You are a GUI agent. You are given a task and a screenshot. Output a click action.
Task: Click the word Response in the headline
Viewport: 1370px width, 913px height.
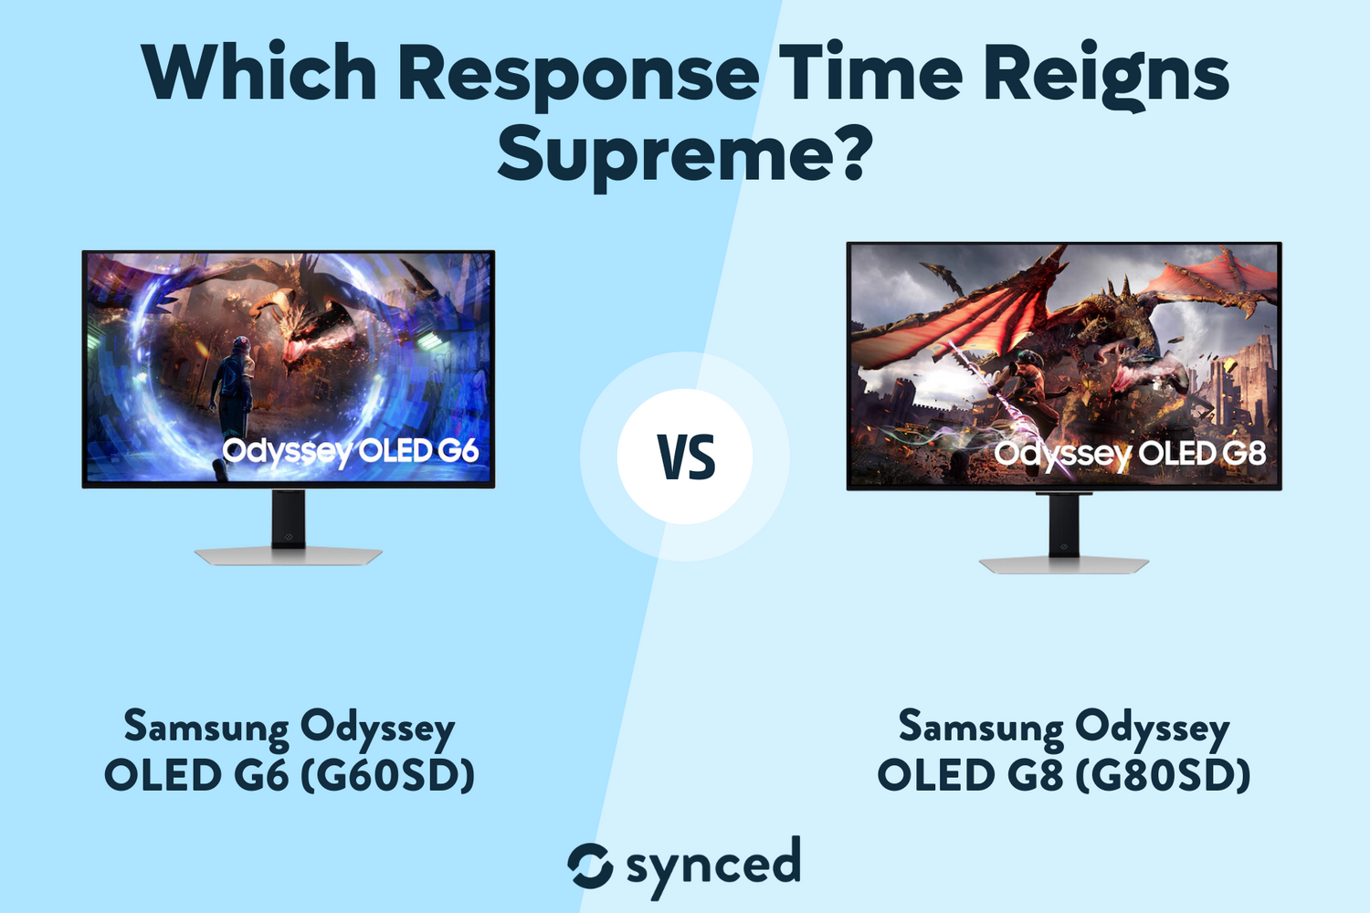tap(577, 75)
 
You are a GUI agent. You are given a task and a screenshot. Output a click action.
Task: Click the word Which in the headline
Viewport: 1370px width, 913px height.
tap(259, 73)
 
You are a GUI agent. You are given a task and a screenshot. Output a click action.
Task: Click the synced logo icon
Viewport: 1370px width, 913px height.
tap(590, 866)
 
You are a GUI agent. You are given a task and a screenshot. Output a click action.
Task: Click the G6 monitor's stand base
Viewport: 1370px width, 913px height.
tap(288, 555)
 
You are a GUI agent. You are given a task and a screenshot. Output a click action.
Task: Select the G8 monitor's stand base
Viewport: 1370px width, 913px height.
tap(1064, 564)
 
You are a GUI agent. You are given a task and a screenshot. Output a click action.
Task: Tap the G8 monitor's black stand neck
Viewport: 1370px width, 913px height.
tap(1064, 525)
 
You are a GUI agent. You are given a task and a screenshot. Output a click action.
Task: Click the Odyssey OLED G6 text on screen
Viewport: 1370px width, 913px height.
tap(350, 451)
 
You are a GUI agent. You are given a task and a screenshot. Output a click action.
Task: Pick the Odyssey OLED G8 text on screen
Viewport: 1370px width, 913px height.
tap(1130, 454)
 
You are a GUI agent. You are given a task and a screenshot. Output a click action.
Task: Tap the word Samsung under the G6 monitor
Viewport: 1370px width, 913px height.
tap(206, 728)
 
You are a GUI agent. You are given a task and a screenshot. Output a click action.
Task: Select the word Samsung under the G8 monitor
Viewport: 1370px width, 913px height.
tap(981, 728)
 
